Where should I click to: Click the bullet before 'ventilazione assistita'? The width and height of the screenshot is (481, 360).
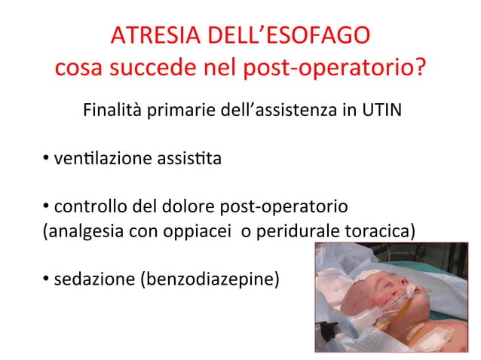[x=47, y=159]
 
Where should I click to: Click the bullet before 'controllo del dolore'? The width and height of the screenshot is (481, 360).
[x=47, y=206]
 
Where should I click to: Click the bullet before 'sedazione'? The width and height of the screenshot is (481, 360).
[x=47, y=280]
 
